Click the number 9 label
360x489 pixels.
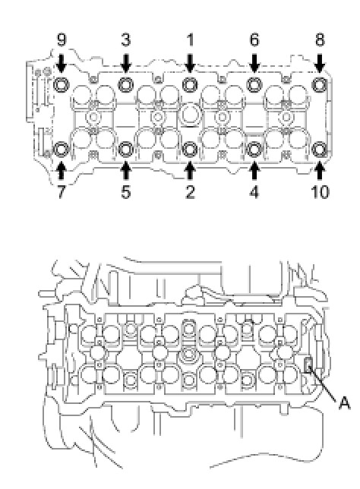coord(62,40)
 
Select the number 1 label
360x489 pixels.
coord(190,40)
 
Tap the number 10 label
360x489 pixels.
coord(320,191)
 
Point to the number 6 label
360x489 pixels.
coord(254,40)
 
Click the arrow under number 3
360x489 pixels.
coord(126,63)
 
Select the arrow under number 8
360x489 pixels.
coord(320,63)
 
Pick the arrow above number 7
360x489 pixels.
coord(62,171)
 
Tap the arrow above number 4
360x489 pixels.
coord(254,171)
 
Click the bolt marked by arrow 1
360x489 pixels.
coord(190,84)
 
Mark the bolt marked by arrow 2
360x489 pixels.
coord(190,150)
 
